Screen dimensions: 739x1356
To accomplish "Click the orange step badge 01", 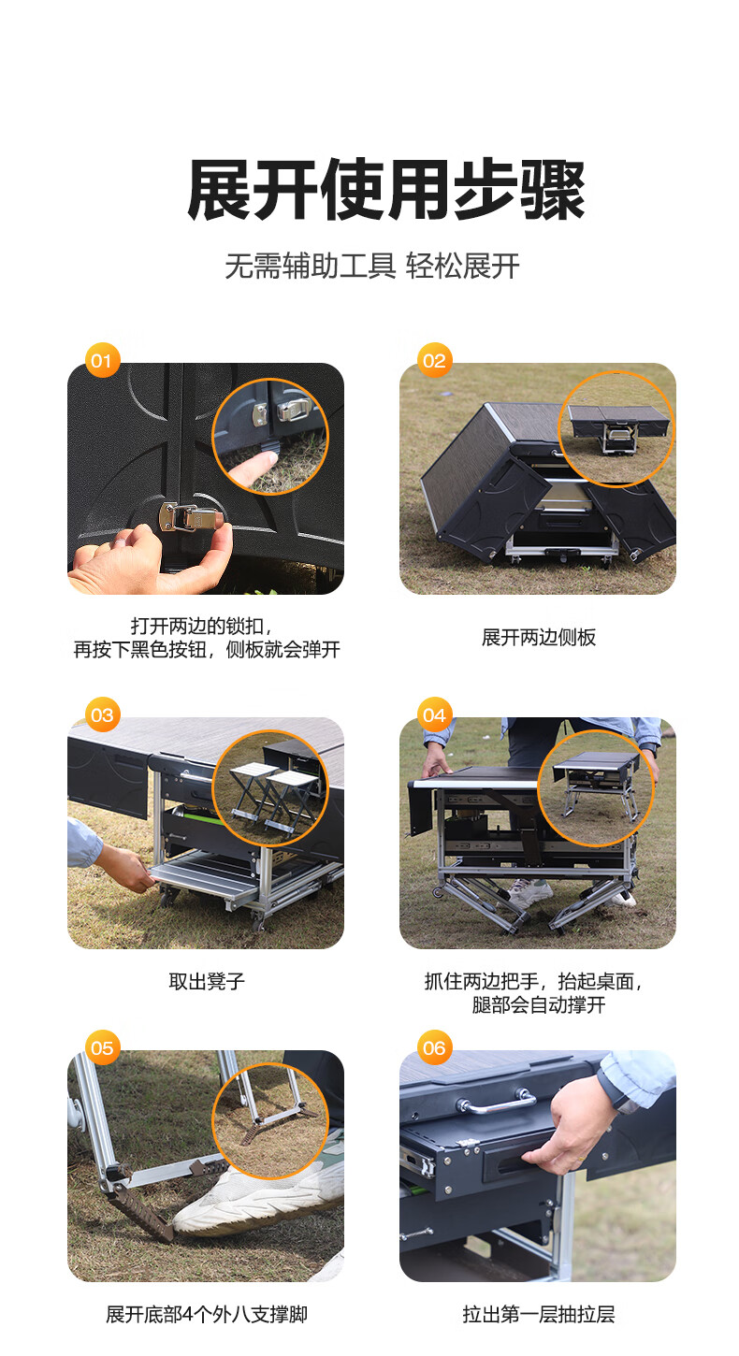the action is pos(102,361).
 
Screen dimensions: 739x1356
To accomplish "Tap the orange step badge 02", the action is pos(434,361).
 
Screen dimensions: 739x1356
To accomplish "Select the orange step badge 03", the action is pos(102,714).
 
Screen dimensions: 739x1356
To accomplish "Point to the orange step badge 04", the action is pos(434,714).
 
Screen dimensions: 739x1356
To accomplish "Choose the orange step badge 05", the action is pos(102,1048).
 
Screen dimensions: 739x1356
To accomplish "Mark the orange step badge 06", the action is pos(434,1048).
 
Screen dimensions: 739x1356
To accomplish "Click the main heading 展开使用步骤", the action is pos(386,190).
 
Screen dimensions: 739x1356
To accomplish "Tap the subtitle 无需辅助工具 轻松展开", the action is pos(372,266).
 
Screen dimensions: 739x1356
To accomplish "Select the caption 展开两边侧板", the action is pos(539,637).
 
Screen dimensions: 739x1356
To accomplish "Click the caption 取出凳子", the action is pos(207,981).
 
